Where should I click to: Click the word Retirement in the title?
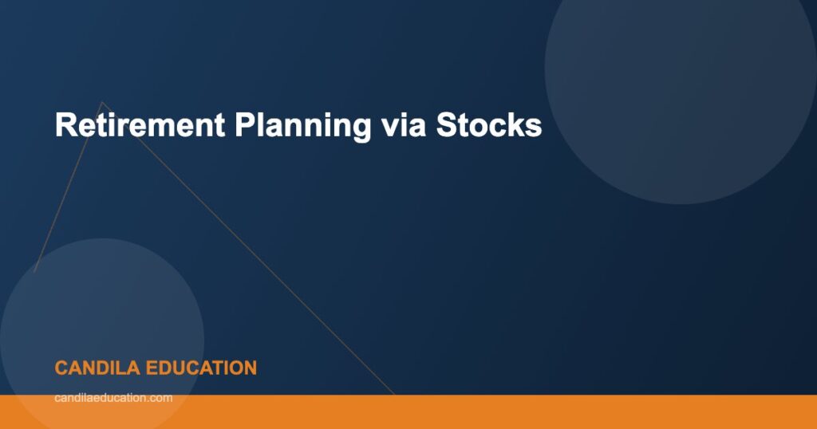[139, 125]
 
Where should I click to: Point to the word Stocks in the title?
[488, 125]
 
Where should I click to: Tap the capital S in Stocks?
[445, 125]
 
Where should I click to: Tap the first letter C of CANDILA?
[61, 368]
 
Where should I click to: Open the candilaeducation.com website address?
[113, 397]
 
